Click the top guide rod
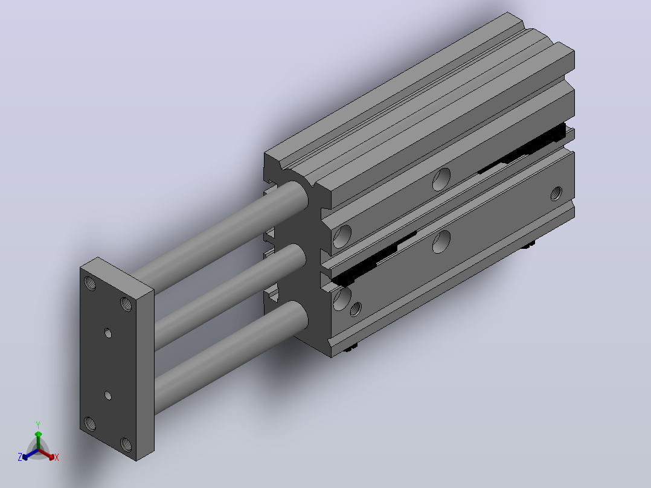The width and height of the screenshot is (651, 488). pyautogui.click(x=220, y=236)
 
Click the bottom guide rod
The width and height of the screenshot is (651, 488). pyautogui.click(x=231, y=356)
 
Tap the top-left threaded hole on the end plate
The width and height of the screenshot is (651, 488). pyautogui.click(x=90, y=283)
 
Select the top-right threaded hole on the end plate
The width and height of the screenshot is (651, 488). pyautogui.click(x=126, y=304)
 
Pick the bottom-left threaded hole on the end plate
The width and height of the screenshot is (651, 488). pyautogui.click(x=90, y=424)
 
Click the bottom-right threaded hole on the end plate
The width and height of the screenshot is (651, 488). pyautogui.click(x=126, y=445)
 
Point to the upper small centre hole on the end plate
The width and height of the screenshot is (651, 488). pyautogui.click(x=108, y=333)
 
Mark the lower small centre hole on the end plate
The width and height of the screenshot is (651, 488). pyautogui.click(x=108, y=396)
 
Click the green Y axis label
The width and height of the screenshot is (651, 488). pyautogui.click(x=38, y=425)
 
